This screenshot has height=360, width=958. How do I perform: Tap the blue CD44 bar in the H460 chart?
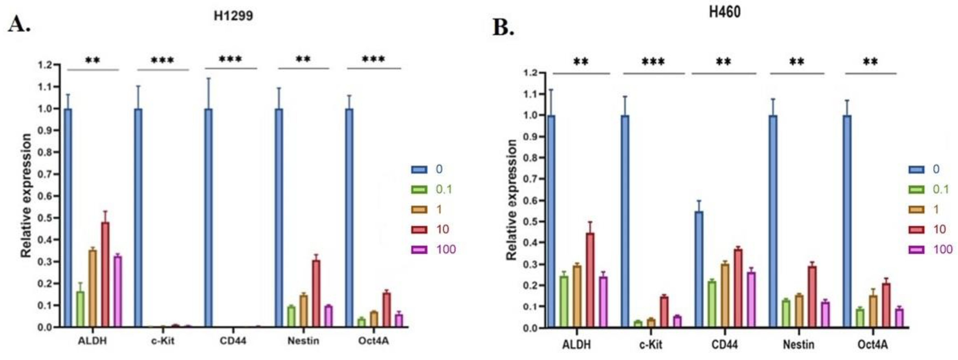click(x=699, y=270)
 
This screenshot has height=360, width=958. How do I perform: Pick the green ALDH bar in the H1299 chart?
click(x=80, y=309)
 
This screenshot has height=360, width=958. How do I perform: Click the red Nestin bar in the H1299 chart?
click(x=316, y=293)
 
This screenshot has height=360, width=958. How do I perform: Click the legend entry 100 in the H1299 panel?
click(x=445, y=250)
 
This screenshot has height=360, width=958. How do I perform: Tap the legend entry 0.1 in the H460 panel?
click(x=941, y=190)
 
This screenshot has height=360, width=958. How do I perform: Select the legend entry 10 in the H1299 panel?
click(x=442, y=229)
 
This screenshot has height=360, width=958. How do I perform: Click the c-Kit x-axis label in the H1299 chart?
click(x=162, y=341)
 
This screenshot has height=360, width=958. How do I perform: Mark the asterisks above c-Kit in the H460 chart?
click(x=653, y=62)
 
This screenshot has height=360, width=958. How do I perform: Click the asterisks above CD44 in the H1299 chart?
click(x=230, y=60)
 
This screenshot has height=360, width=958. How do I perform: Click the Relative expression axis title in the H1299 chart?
click(x=26, y=196)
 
